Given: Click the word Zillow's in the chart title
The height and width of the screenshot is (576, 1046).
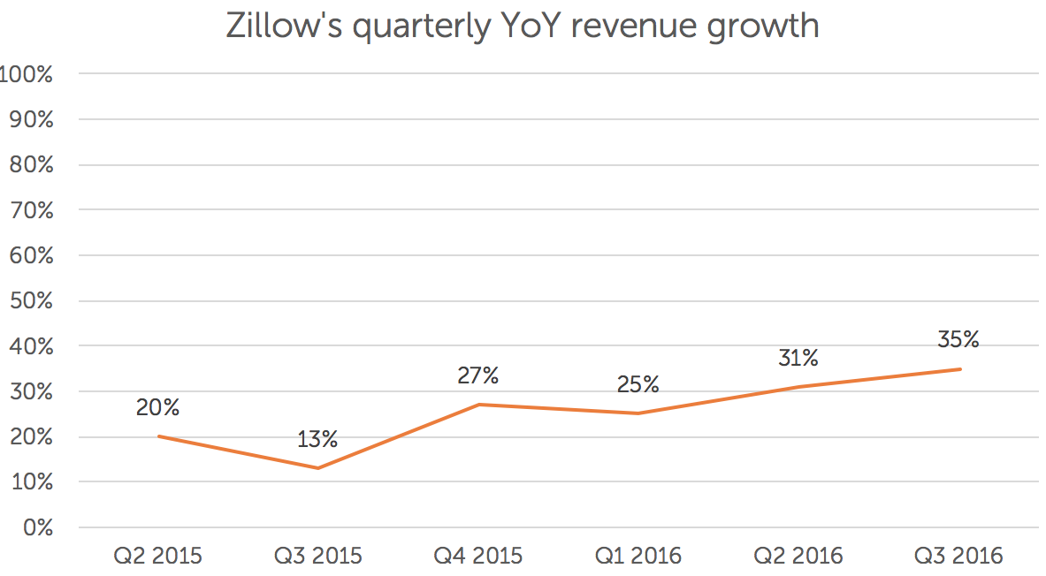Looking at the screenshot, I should tap(281, 27).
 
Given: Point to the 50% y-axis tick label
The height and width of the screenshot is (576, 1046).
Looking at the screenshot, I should tap(31, 301).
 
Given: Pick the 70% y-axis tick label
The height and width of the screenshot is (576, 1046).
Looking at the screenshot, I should tap(31, 210).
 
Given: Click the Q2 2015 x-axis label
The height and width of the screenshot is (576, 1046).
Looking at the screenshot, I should tap(158, 556).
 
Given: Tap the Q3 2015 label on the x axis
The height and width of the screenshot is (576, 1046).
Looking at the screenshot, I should tap(318, 556).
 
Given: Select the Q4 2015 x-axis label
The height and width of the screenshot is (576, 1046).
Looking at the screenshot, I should tap(478, 556).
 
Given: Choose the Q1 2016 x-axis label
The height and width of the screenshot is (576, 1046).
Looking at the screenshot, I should tap(638, 556).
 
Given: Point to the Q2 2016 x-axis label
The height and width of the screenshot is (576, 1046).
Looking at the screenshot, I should tap(798, 556).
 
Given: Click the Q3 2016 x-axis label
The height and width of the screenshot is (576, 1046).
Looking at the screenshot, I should tap(959, 556).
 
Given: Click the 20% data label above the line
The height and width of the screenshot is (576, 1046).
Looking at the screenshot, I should tap(158, 407).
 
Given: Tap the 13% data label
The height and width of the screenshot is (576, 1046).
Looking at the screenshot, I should tap(317, 438).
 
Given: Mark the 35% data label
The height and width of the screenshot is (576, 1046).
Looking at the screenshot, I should tap(958, 339).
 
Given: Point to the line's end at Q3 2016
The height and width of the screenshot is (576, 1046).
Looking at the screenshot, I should tap(960, 369).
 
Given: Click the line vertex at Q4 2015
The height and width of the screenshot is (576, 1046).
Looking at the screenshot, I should tap(478, 405).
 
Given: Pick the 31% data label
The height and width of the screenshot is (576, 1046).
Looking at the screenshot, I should tap(798, 358).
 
